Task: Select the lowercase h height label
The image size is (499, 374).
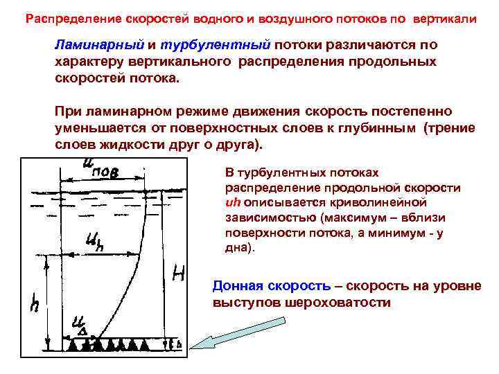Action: pyautogui.click(x=34, y=303)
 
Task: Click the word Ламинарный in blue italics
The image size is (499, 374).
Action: pyautogui.click(x=99, y=45)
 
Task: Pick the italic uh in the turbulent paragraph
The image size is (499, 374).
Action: pyautogui.click(x=233, y=202)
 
